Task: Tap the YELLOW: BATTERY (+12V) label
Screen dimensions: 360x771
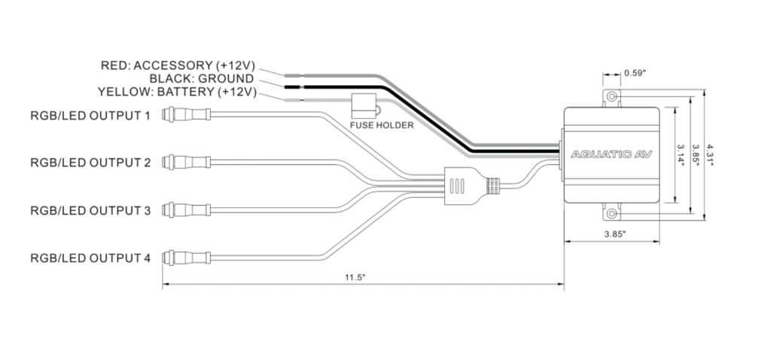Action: point(178,92)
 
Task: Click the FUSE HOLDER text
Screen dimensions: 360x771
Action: point(382,125)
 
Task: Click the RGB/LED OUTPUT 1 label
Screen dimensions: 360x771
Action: point(90,116)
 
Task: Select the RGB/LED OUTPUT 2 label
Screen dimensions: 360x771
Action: point(90,163)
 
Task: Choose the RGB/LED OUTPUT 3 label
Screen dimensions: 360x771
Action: point(90,210)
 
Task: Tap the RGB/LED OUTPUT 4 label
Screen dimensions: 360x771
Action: point(90,258)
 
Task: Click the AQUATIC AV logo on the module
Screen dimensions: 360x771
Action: point(612,154)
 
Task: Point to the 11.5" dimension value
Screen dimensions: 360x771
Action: point(355,278)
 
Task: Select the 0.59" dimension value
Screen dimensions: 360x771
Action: point(635,73)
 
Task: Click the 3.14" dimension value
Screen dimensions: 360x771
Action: point(681,154)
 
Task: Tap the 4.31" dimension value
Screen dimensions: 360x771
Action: point(712,154)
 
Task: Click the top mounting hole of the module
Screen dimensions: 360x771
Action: point(612,98)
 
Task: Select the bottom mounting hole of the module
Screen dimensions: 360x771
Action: point(612,214)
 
